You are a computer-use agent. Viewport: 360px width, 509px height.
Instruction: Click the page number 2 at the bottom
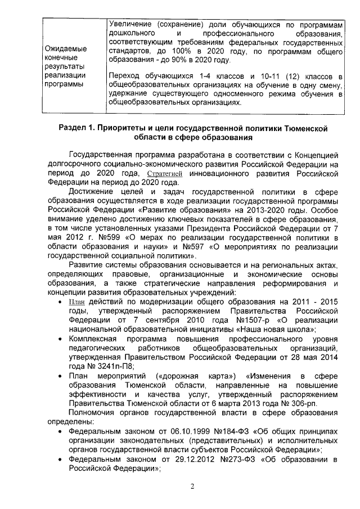pyautogui.click(x=192, y=487)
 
